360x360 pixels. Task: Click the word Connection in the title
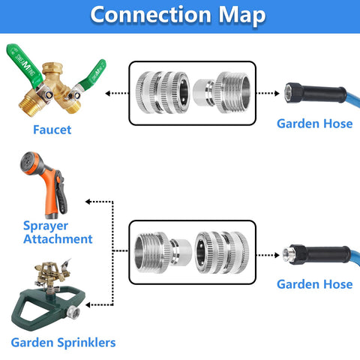[x=151, y=15]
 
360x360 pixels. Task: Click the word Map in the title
[x=242, y=16]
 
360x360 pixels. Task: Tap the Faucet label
[x=52, y=130]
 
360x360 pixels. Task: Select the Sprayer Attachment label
[x=58, y=232]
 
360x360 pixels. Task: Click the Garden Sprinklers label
[x=63, y=343]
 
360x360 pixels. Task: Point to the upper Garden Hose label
[x=315, y=124]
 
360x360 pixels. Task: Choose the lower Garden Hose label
[x=315, y=284]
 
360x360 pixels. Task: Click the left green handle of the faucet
[x=25, y=66]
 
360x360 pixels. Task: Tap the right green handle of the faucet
[x=92, y=74]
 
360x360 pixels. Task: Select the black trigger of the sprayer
[x=61, y=193]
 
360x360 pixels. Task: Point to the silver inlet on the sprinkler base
[x=73, y=312]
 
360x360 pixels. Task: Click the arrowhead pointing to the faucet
[x=108, y=94]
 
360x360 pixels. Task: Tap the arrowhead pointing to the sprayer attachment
[x=88, y=202]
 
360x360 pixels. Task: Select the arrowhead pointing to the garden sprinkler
[x=88, y=304]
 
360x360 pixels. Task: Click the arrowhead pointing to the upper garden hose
[x=277, y=94]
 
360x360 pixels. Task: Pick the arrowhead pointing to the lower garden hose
[x=277, y=255]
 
